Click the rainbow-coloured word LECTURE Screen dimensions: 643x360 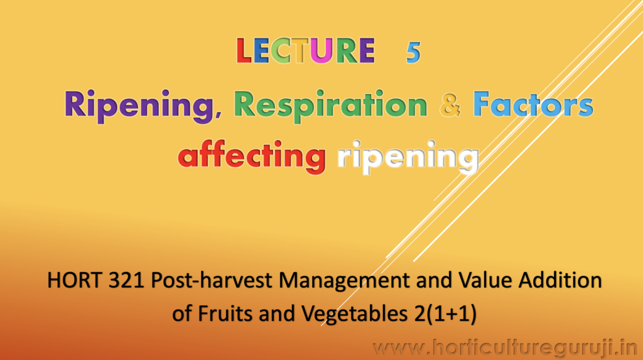(x=306, y=51)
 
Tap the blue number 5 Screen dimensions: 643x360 (x=413, y=53)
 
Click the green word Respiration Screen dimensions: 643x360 (x=330, y=106)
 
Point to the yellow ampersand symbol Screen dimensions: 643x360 (x=450, y=105)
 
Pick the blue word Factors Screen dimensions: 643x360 (x=533, y=104)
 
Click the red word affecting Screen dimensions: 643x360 (x=252, y=156)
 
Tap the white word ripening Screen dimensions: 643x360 (x=408, y=157)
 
